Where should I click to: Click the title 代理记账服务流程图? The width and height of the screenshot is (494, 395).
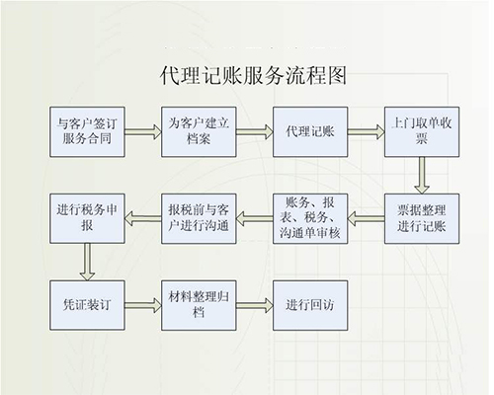pos(246,75)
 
